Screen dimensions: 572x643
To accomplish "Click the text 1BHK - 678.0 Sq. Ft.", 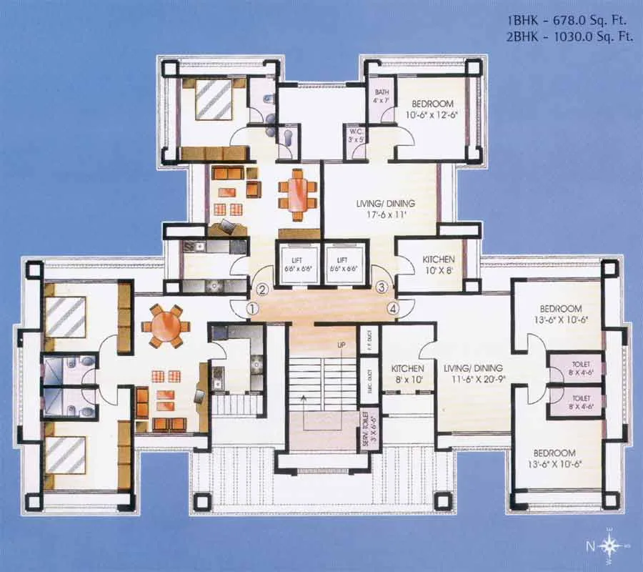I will pos(570,21).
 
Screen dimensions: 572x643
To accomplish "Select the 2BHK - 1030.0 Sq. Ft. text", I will pos(569,37).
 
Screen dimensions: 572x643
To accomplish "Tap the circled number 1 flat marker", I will pos(251,308).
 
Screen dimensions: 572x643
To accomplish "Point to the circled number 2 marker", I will pos(263,290).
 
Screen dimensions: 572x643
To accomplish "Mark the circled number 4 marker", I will pos(392,308).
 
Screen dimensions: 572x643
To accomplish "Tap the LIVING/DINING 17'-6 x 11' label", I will pos(385,209).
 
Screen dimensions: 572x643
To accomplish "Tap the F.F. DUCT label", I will pos(369,336).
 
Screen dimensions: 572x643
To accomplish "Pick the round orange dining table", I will pos(166,325).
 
